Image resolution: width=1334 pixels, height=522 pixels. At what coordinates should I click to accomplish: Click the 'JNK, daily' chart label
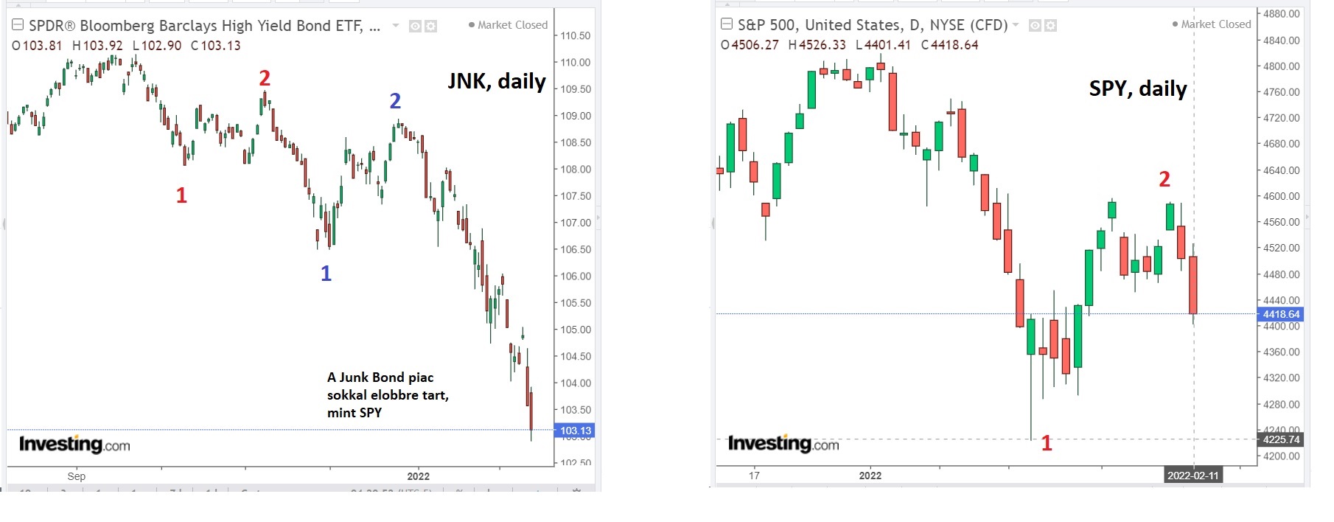[497, 81]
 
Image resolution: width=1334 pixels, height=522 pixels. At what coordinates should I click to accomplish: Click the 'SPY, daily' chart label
[1137, 88]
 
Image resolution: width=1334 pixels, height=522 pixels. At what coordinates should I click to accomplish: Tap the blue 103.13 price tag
[575, 431]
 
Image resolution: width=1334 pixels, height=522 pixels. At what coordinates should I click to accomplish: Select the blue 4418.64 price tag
[1281, 314]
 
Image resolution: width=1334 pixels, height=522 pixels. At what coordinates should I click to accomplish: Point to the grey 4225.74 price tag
[1281, 439]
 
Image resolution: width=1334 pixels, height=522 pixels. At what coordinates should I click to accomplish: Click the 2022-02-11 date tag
[1192, 476]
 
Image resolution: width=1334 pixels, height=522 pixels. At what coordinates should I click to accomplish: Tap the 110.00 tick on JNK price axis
[575, 63]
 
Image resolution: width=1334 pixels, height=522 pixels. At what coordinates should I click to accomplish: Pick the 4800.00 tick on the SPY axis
[1281, 66]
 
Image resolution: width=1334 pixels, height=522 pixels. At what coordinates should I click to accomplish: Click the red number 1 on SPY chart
[1046, 443]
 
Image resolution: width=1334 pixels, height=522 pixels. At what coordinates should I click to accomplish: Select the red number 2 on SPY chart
[1164, 179]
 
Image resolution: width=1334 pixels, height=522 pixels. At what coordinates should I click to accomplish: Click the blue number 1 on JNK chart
[326, 274]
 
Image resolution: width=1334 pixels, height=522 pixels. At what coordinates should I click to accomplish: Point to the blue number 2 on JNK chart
[395, 100]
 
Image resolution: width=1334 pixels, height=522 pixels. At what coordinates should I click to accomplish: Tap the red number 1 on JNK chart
[181, 195]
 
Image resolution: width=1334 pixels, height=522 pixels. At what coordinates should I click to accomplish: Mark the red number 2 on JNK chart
[265, 78]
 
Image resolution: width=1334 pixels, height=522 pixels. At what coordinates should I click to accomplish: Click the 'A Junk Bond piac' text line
[380, 377]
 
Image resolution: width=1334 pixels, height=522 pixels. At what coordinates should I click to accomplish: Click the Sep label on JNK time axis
[77, 476]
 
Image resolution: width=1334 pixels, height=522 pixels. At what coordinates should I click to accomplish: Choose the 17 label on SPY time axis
[754, 476]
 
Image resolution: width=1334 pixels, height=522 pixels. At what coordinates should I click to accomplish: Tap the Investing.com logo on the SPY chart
[783, 443]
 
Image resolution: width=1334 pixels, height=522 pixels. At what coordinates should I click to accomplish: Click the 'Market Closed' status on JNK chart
[511, 25]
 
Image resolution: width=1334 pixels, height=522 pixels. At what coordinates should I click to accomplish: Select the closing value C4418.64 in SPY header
[949, 45]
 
